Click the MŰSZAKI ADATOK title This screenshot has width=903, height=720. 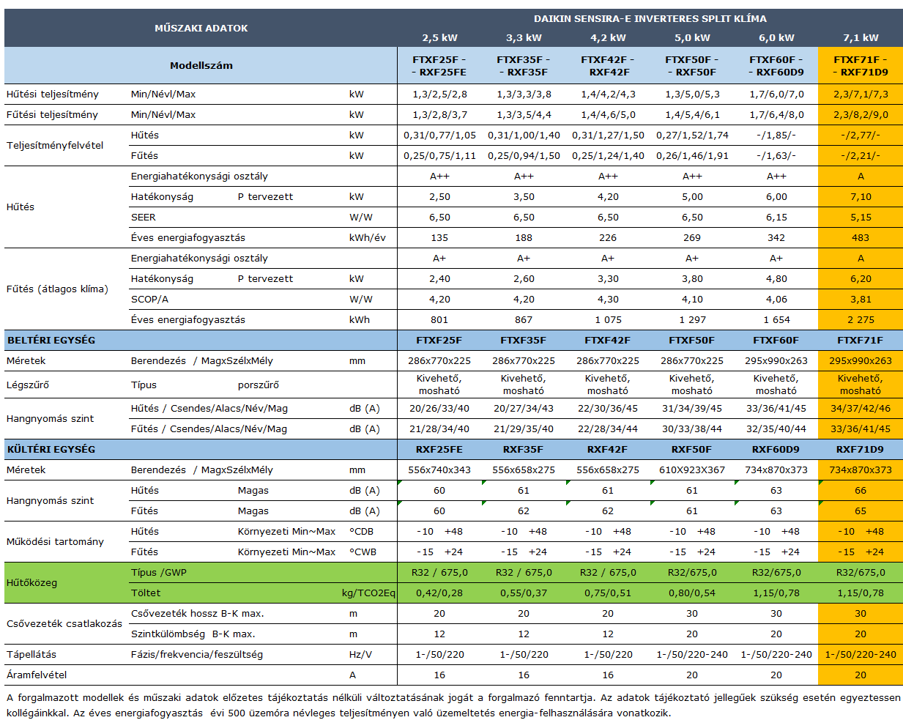pyautogui.click(x=201, y=28)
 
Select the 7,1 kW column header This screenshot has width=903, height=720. pyautogui.click(x=861, y=37)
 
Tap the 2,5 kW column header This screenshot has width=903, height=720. pyautogui.click(x=439, y=37)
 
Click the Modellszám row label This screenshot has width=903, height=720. pyautogui.click(x=201, y=65)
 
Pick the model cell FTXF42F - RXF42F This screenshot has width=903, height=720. pyautogui.click(x=608, y=66)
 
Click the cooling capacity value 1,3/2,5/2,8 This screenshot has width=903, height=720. pyautogui.click(x=439, y=94)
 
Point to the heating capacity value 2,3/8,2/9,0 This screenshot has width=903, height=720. pyautogui.click(x=861, y=114)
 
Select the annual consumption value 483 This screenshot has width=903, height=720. pyautogui.click(x=861, y=237)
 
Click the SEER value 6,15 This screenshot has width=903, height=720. pyautogui.click(x=776, y=217)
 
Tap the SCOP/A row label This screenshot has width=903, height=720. pyautogui.click(x=149, y=299)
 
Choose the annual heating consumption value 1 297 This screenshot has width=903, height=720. pyautogui.click(x=692, y=319)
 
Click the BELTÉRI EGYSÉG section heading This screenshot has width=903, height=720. pyautogui.click(x=51, y=340)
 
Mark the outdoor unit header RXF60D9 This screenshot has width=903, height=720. pyautogui.click(x=776, y=449)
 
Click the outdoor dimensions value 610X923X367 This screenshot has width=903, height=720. pyautogui.click(x=692, y=470)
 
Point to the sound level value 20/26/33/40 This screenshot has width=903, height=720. pyautogui.click(x=439, y=408)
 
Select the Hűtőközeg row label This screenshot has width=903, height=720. pyautogui.click(x=31, y=582)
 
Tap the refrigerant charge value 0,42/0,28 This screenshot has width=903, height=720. pyautogui.click(x=439, y=593)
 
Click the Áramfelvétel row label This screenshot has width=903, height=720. pyautogui.click(x=37, y=675)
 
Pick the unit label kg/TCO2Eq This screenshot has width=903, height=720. pyautogui.click(x=368, y=593)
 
